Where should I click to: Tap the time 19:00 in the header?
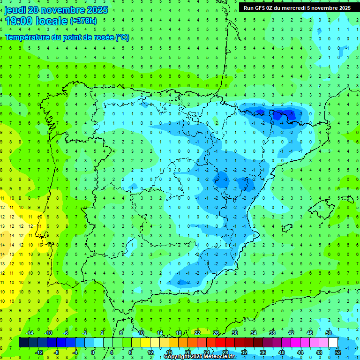click(20, 21)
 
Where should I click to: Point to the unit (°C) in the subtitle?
click(122, 37)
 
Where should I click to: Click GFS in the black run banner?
click(263, 8)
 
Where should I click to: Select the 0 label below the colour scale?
click(93, 352)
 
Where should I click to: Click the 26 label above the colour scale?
click(216, 333)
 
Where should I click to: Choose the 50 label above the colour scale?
click(329, 333)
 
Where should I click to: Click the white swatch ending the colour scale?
click(333, 342)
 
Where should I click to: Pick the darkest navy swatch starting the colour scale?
click(23, 342)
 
